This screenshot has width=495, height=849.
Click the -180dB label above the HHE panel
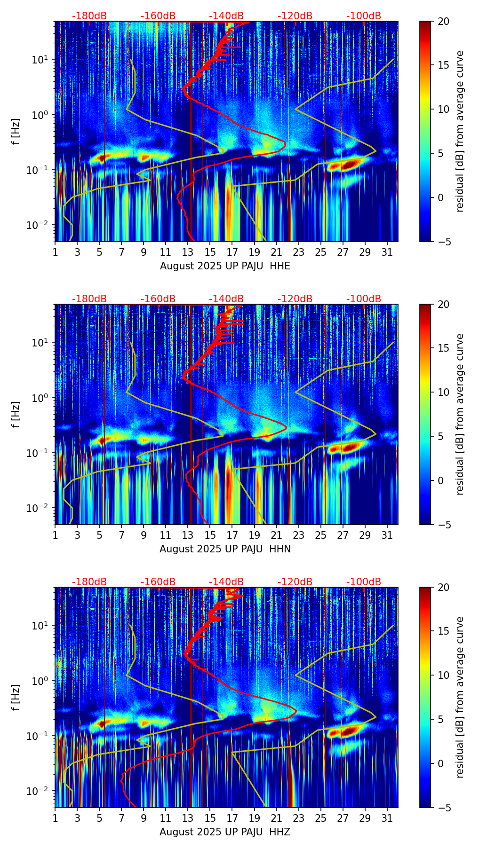(89, 16)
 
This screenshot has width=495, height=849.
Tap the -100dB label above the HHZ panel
(364, 582)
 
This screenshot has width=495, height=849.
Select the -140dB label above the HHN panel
(226, 299)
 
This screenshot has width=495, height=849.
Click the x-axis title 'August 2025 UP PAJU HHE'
(225, 266)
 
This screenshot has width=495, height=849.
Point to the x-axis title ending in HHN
(225, 549)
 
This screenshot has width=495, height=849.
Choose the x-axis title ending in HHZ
(224, 832)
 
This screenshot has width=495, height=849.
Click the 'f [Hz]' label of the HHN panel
(16, 414)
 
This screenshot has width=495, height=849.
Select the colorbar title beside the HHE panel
(460, 131)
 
